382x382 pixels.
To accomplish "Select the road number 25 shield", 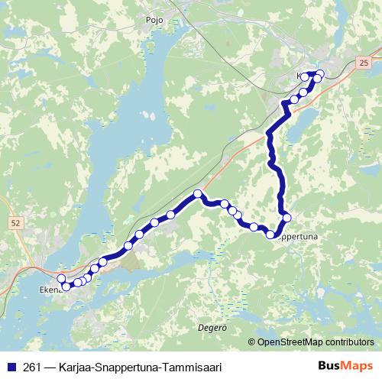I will click(x=362, y=60).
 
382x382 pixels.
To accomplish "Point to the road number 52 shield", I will click(x=16, y=222).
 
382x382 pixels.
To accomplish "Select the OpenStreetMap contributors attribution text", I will click(x=315, y=342).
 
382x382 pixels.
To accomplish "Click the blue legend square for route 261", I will click(x=11, y=366).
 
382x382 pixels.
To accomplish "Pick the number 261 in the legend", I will click(x=33, y=366).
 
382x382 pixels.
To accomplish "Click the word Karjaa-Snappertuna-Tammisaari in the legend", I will click(x=141, y=366).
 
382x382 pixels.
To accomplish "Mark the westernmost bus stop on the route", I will click(x=61, y=279).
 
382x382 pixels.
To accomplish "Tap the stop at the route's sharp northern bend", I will click(x=198, y=193).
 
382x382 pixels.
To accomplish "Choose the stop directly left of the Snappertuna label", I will click(x=270, y=234).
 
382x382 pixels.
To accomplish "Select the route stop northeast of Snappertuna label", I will click(x=286, y=218).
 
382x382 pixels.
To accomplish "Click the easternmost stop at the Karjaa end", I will click(x=320, y=73).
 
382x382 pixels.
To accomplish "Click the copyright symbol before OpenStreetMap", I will click(x=252, y=342).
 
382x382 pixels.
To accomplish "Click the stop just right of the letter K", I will click(x=305, y=76).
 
